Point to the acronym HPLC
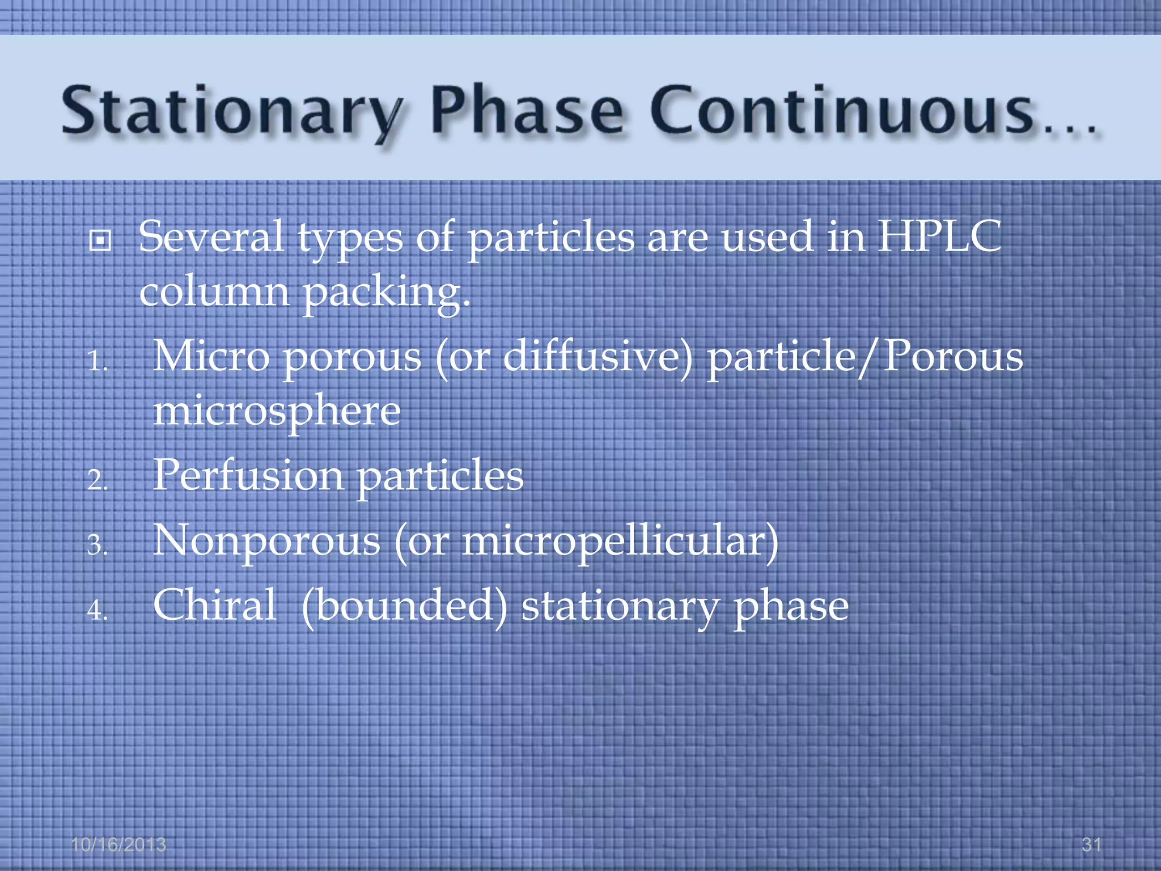point(939,236)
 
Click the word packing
point(385,293)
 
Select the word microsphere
point(277,412)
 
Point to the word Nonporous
point(266,541)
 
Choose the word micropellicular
point(618,541)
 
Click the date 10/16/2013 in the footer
point(118,845)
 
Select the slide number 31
point(1091,845)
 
